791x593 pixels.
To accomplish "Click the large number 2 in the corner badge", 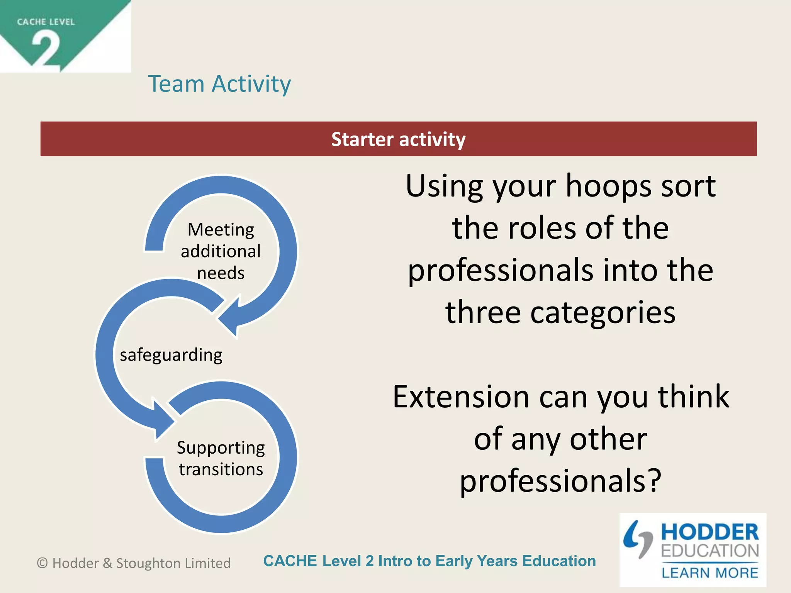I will pos(46,50).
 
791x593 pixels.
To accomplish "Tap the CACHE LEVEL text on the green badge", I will pos(46,22).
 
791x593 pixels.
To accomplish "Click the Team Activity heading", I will pos(219,84).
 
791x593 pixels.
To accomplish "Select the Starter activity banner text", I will pos(398,139).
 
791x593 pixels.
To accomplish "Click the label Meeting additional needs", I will pos(221,251).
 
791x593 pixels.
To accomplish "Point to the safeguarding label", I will pos(171,354).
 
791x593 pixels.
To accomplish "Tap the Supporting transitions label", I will pos(221,458).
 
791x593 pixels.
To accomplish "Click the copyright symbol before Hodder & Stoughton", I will pos(42,563).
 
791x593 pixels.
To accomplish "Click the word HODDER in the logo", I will pos(709,532).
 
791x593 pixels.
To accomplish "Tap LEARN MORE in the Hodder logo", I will pos(709,573).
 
